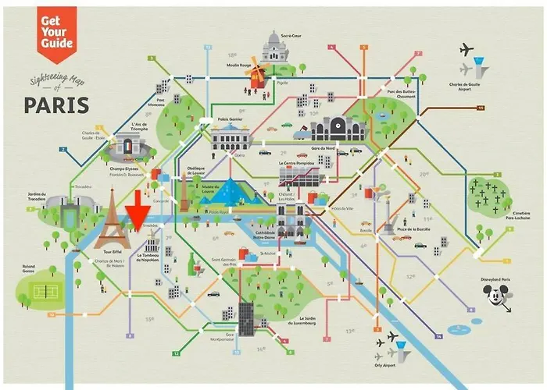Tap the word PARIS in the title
coord(55,104)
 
